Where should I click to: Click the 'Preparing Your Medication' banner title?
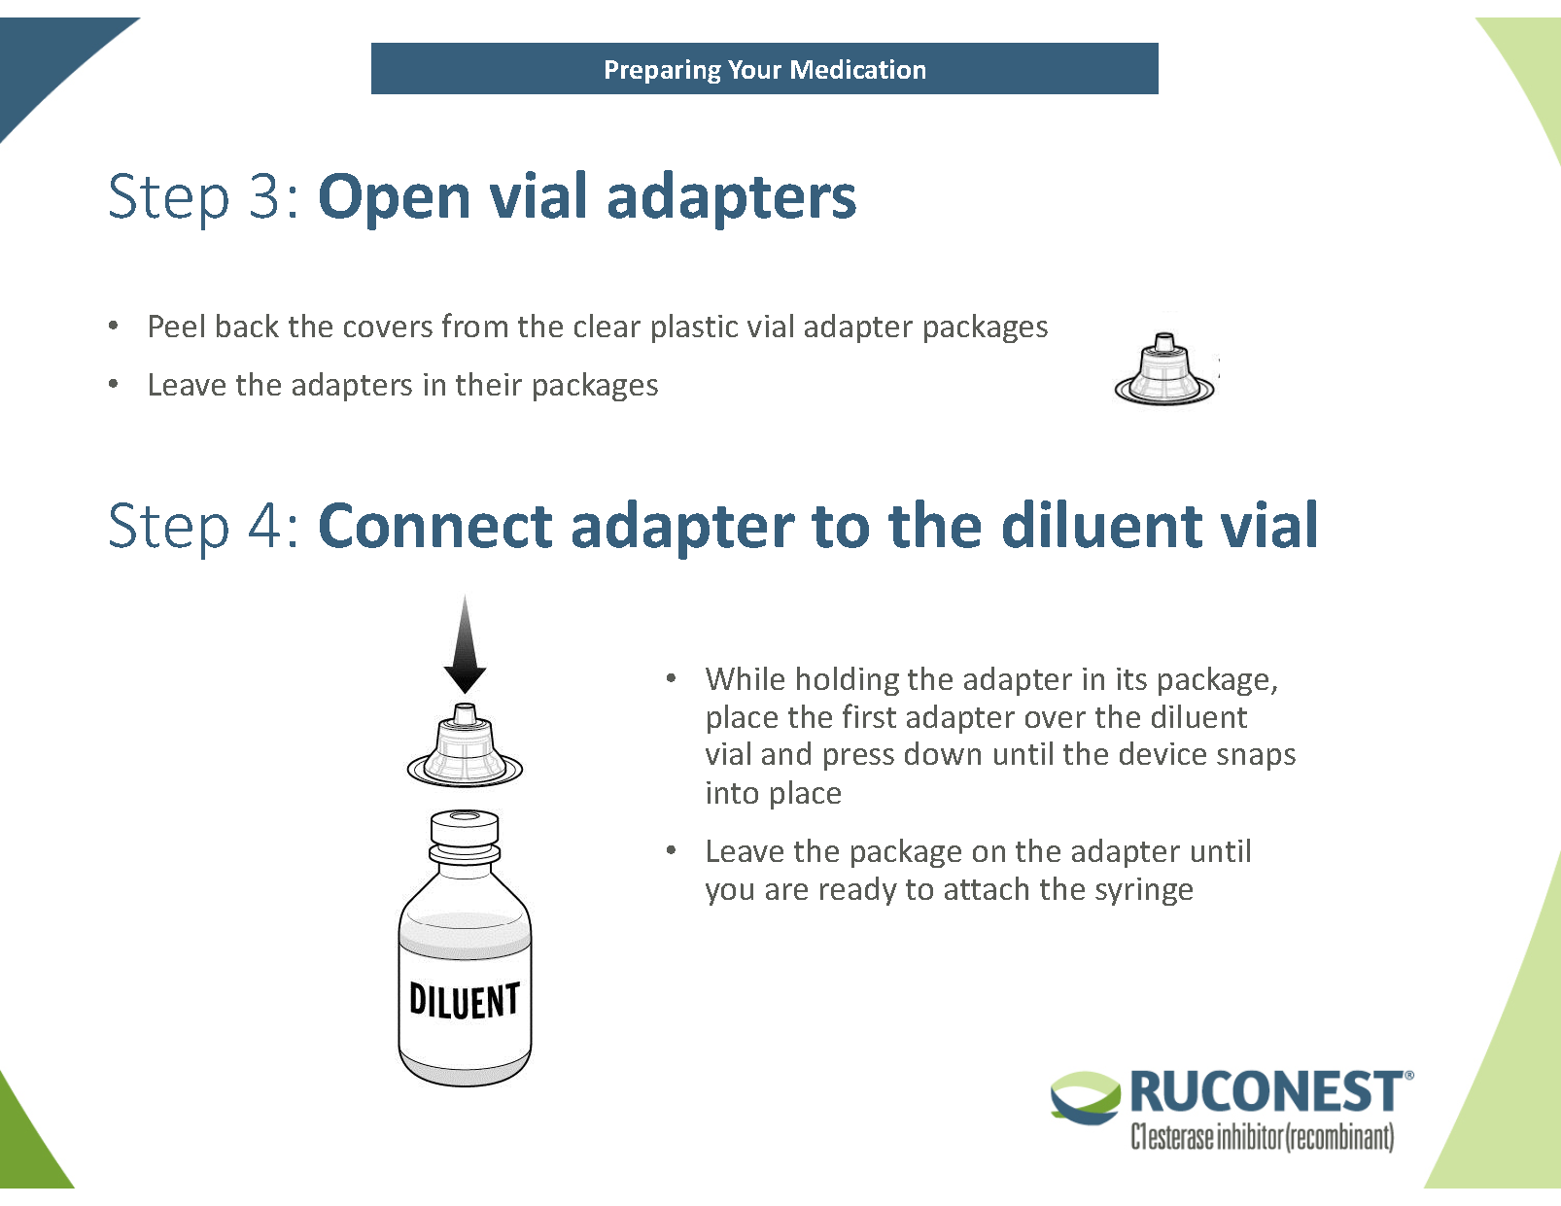(x=764, y=70)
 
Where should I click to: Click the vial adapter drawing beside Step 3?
(x=1164, y=369)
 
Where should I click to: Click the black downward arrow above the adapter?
(x=465, y=646)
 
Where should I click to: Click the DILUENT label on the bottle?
(x=465, y=1000)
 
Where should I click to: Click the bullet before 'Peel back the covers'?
(x=114, y=327)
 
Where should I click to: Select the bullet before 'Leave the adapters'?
(x=114, y=385)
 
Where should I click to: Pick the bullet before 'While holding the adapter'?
(x=671, y=678)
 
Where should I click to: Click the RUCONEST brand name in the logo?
(x=1266, y=1092)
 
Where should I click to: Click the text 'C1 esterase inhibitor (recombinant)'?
(x=1262, y=1136)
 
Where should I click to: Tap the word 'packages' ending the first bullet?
(x=985, y=327)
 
